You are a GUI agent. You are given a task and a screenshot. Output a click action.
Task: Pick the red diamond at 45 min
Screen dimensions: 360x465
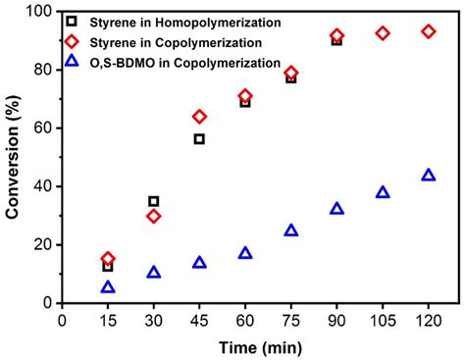(x=199, y=117)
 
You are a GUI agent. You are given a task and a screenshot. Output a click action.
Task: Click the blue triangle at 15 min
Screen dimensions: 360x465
(x=108, y=287)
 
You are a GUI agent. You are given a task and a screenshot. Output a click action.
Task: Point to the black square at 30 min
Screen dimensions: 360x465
(x=154, y=201)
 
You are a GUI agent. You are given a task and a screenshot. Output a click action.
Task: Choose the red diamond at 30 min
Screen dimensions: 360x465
(x=154, y=216)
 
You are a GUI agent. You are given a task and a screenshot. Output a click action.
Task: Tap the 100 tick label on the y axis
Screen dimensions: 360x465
(x=39, y=12)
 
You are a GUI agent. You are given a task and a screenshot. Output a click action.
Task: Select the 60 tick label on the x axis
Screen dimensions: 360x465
(x=245, y=320)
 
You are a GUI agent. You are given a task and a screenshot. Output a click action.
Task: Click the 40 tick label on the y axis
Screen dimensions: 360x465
(x=44, y=186)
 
